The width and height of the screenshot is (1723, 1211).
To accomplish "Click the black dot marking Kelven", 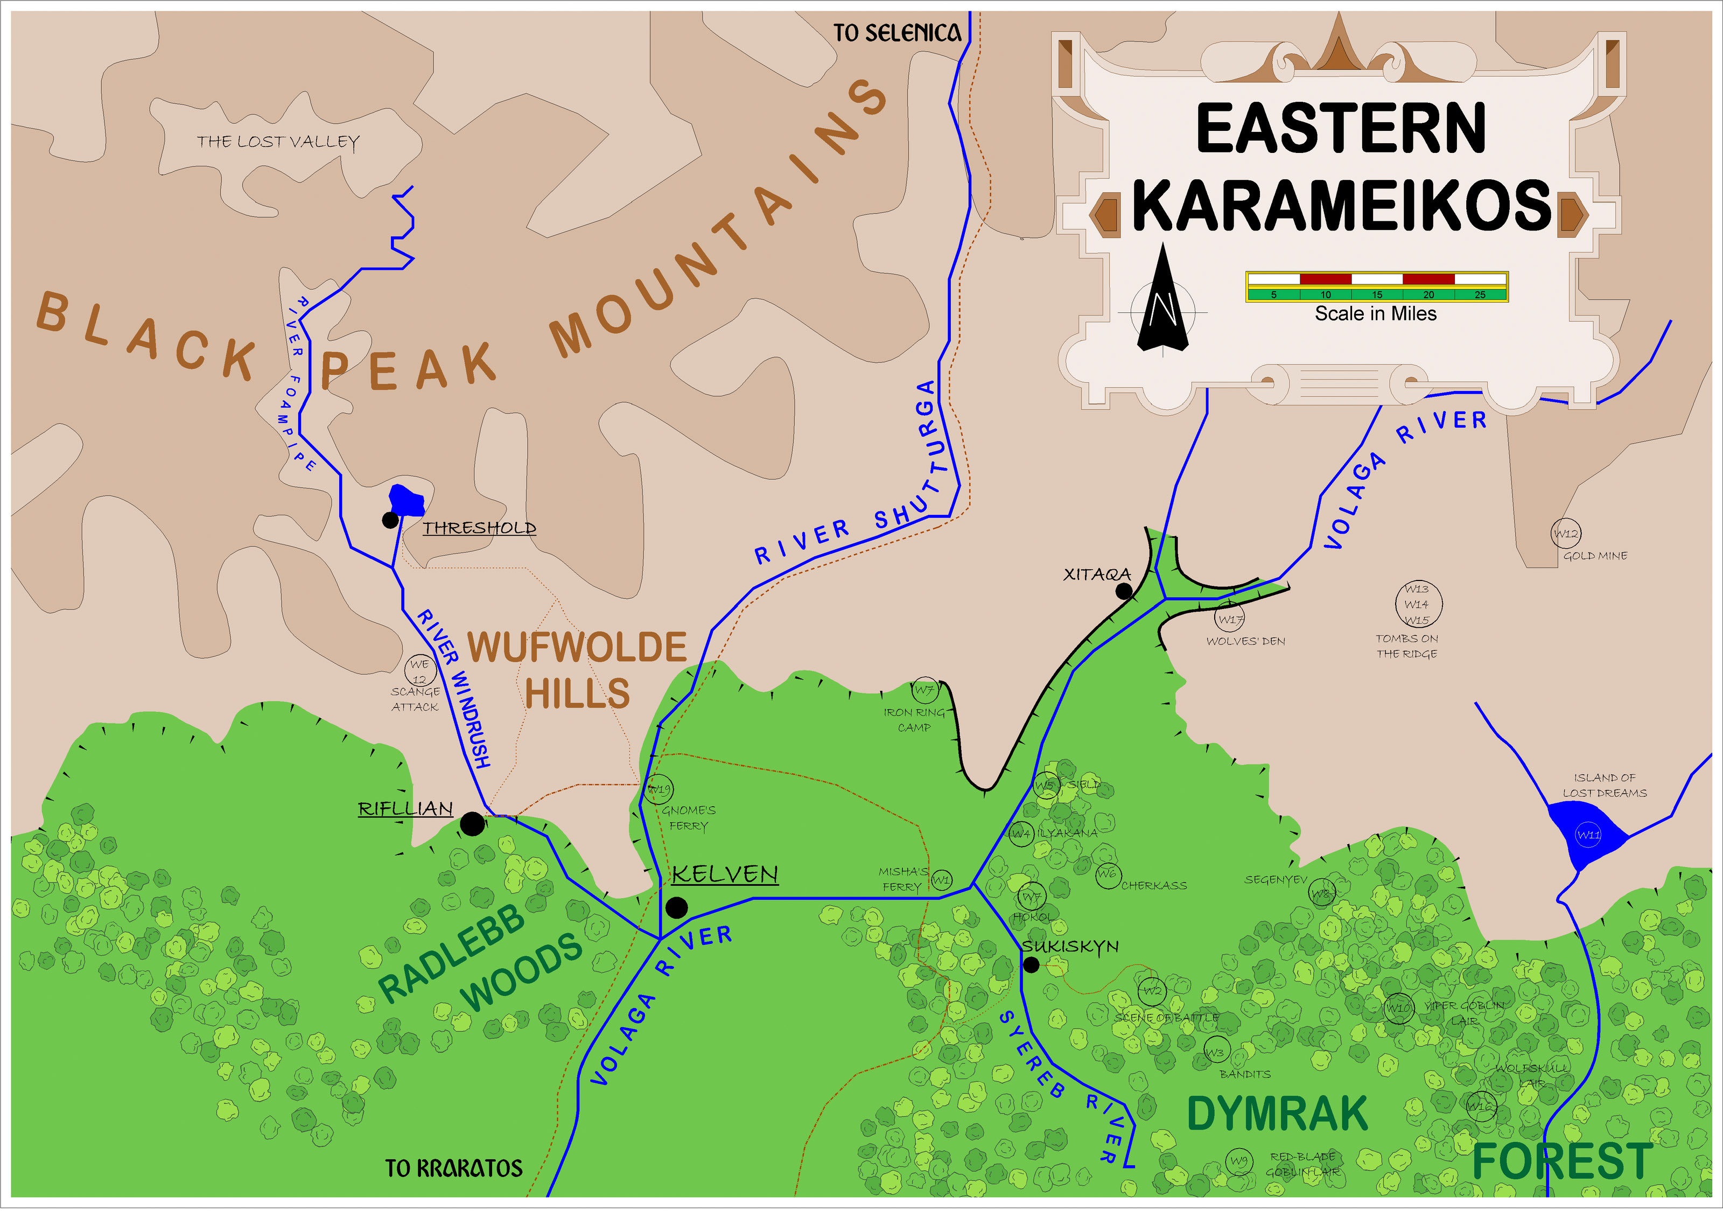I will [676, 908].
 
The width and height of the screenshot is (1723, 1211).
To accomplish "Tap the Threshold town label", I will [479, 528].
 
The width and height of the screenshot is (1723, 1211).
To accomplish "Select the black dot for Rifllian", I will [472, 824].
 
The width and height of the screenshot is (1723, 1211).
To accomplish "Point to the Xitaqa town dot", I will [1123, 591].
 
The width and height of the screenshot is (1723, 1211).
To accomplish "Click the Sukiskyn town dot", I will [1031, 965].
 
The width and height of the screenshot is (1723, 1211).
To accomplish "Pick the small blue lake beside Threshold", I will [407, 500].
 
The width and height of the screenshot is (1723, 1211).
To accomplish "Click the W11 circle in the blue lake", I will [1588, 834].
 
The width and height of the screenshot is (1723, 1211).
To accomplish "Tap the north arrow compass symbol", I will [1162, 304].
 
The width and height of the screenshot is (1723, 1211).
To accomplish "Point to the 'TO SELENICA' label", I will [897, 33].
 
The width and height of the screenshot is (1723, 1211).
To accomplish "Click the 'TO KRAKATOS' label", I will [453, 1168].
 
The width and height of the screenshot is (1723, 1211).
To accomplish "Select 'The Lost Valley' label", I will [278, 142].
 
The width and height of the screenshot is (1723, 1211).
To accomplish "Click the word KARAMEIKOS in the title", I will [1341, 206].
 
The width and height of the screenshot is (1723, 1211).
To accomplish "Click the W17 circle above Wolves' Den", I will [1230, 619].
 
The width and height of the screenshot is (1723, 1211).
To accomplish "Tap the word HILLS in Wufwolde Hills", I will [577, 694].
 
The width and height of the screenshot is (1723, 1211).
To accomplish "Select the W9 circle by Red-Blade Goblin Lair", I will [1239, 1161].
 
